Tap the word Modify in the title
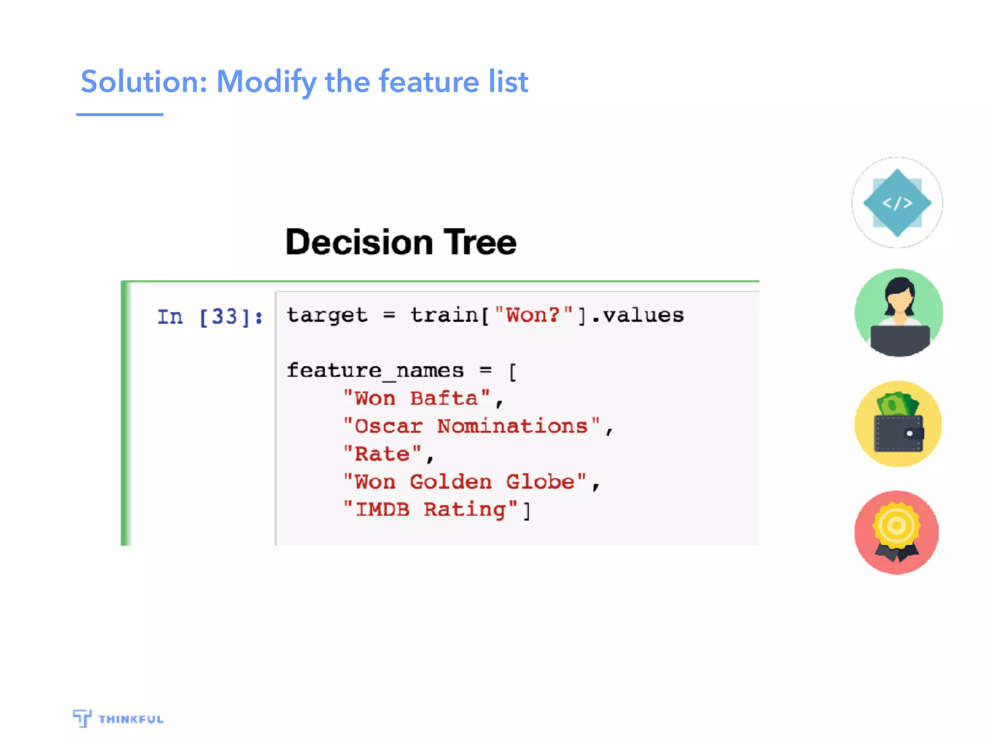point(266,81)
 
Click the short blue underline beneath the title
point(119,115)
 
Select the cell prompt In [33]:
point(210,317)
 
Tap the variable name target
point(327,315)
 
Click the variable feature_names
point(375,371)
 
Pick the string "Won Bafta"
point(416,399)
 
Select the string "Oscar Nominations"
point(471,426)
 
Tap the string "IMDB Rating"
point(430,509)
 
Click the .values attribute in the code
point(638,315)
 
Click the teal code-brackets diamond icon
point(897,203)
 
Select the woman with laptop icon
point(898,313)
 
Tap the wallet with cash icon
point(898,424)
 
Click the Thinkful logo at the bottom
point(118,718)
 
